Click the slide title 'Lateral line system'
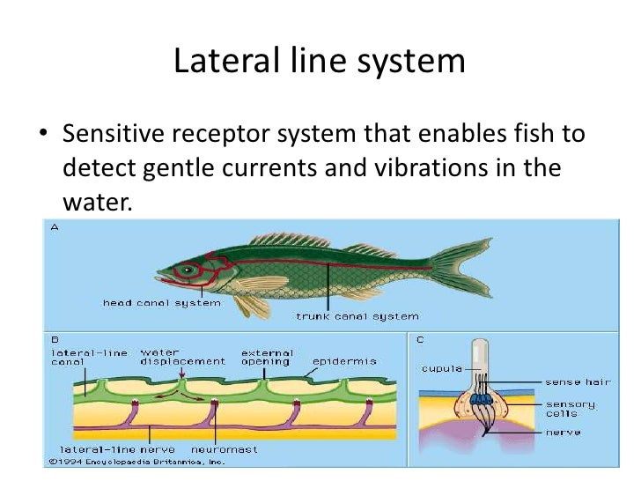[320, 61]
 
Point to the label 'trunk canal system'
[357, 315]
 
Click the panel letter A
[55, 227]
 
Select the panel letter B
[55, 338]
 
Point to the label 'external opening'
[265, 357]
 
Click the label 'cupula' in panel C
[442, 368]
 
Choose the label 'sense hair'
[577, 381]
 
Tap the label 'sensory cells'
[570, 409]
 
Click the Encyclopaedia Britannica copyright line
[137, 461]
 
